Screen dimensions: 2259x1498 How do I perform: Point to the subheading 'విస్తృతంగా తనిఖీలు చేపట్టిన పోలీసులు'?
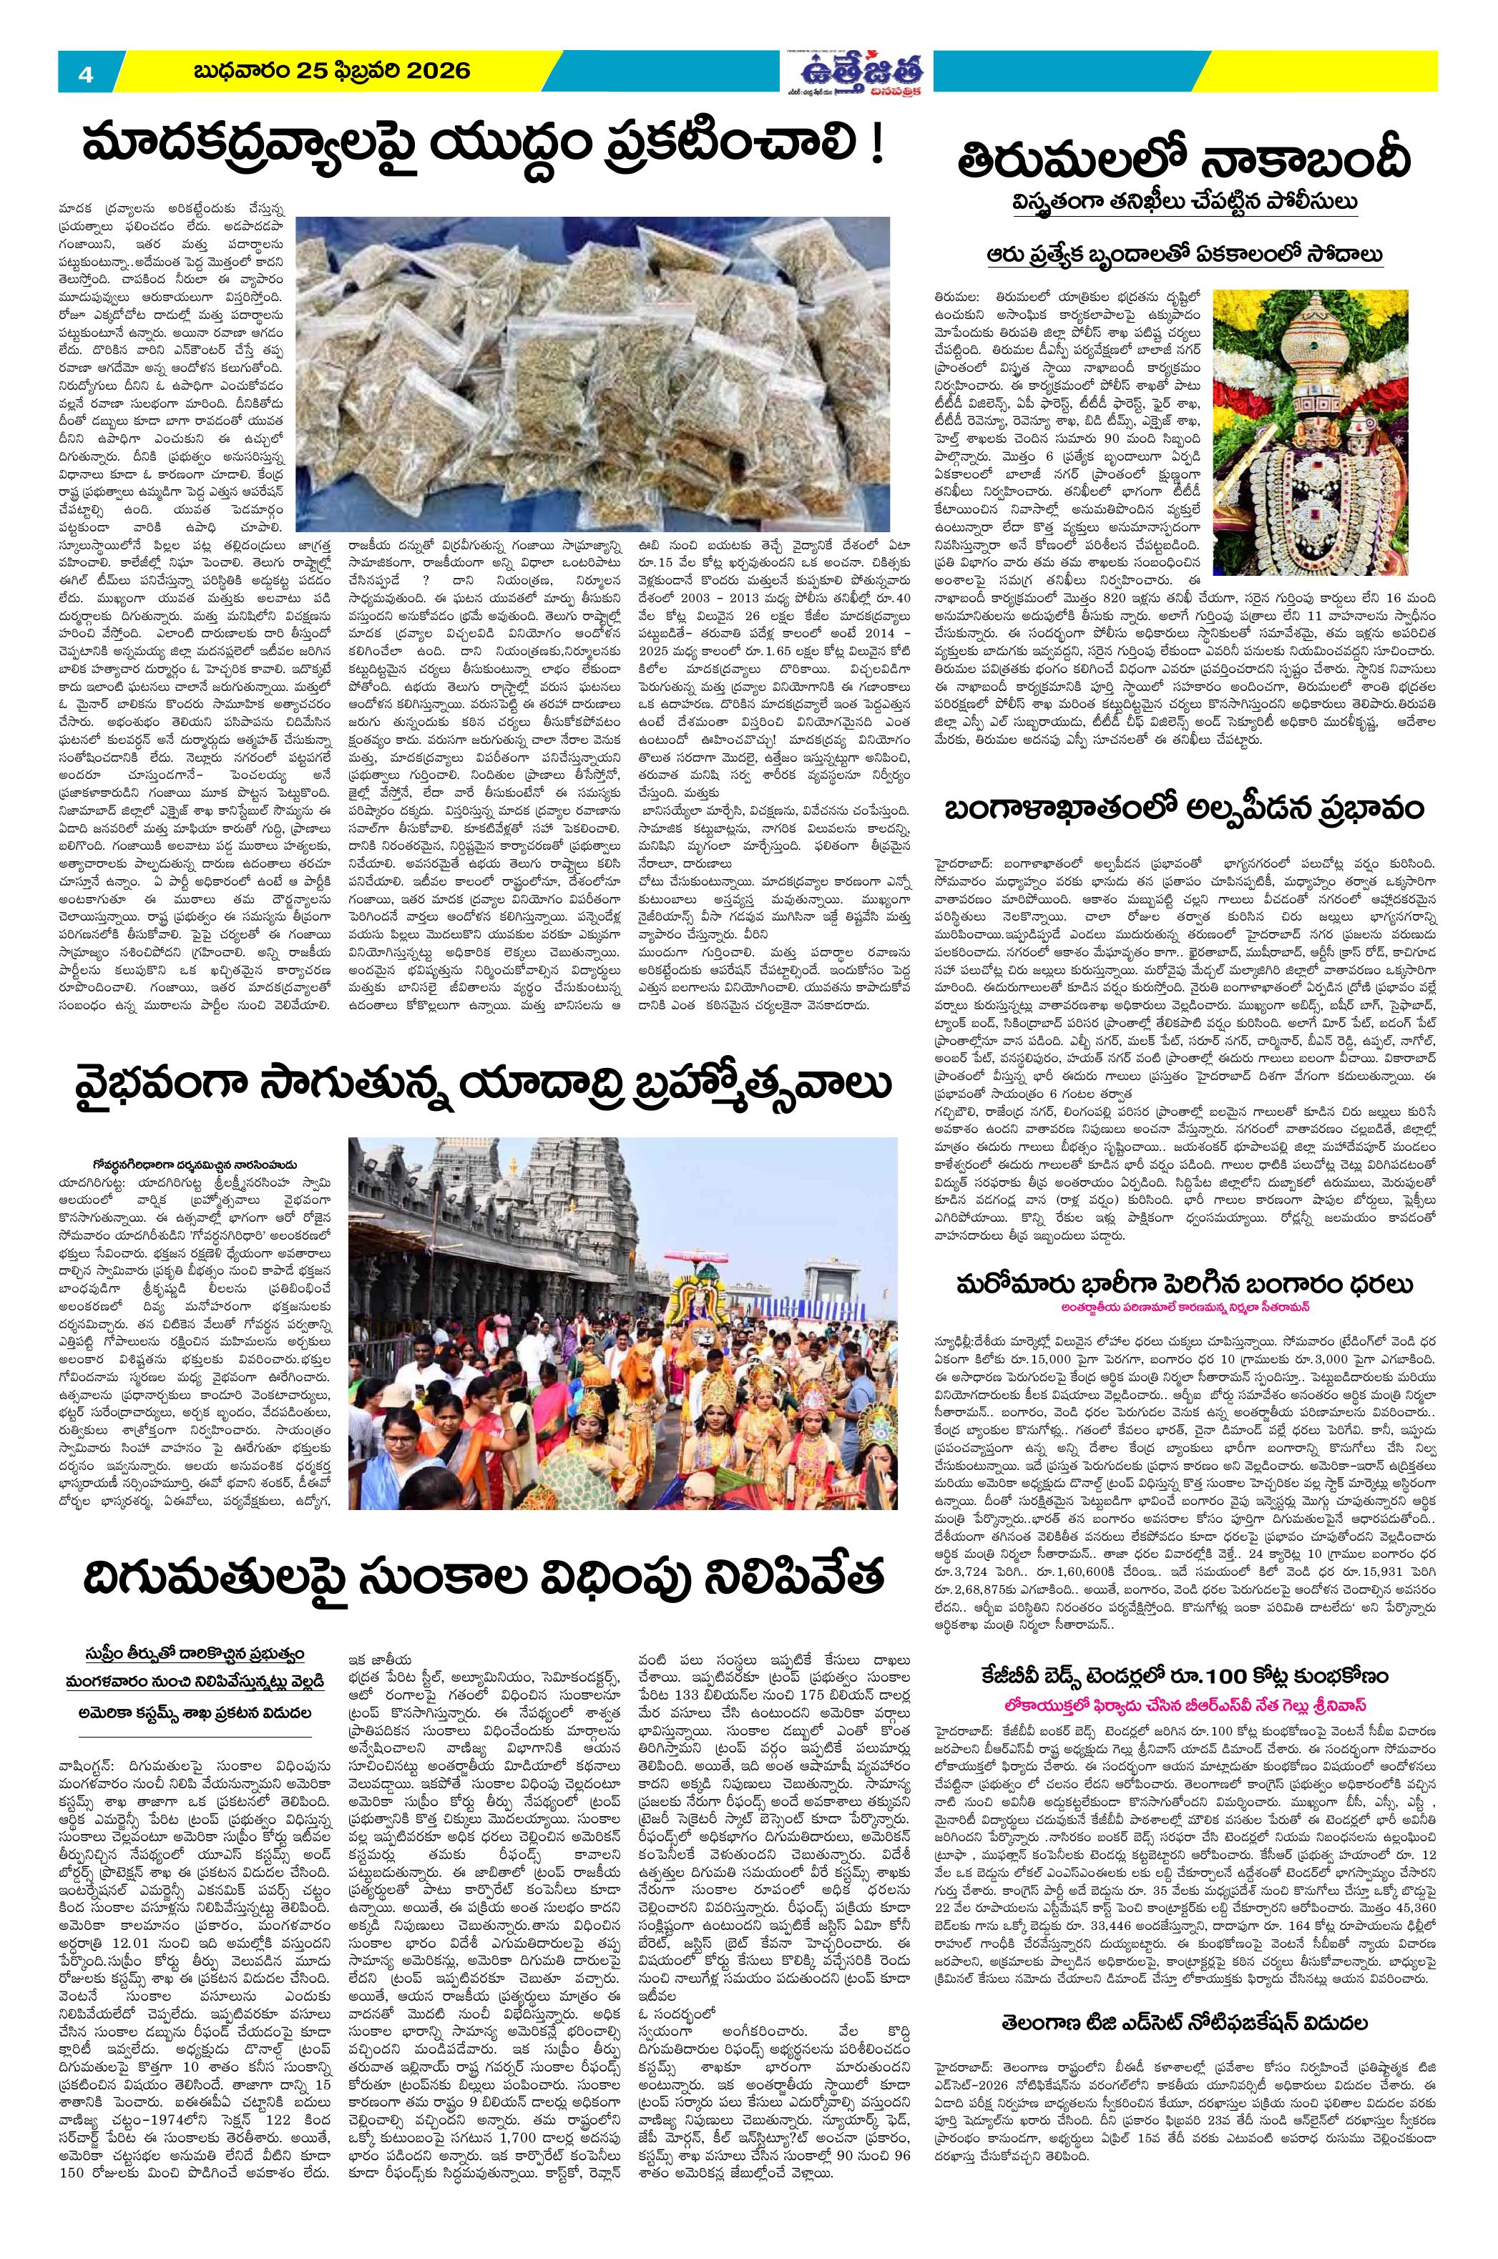pyautogui.click(x=1185, y=205)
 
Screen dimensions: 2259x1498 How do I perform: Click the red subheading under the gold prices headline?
pyautogui.click(x=1185, y=1307)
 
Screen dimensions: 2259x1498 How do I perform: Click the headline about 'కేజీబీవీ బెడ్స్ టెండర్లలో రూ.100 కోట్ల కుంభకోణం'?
pyautogui.click(x=1185, y=1675)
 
